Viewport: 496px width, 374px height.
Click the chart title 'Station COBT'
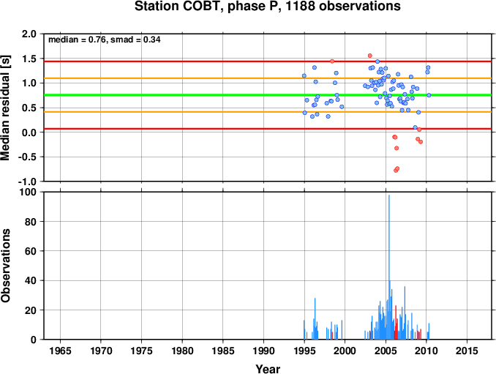pos(177,6)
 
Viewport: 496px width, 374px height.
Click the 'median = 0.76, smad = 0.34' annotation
pos(105,40)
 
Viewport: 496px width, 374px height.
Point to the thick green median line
pos(268,95)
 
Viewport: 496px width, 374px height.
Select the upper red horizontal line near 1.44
pos(268,61)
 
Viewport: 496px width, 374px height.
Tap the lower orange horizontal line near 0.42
pos(268,112)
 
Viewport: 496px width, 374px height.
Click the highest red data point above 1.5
pos(369,56)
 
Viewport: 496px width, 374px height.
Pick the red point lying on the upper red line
pos(332,61)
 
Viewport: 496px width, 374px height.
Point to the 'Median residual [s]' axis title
pos(5,108)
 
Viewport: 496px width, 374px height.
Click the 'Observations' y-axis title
pos(5,266)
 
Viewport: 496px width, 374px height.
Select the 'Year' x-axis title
pos(268,369)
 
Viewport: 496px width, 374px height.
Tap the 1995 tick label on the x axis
pos(304,351)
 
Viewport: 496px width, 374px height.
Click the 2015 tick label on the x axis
pos(467,351)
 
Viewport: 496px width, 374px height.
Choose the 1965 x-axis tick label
pos(60,351)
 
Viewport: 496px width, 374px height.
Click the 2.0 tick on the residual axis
pos(29,34)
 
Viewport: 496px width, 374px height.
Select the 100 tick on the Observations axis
pos(28,192)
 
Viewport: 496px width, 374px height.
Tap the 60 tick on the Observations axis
pos(31,251)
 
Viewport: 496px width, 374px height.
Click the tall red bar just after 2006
pos(396,323)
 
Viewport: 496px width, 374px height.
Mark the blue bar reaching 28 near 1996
pos(315,318)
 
